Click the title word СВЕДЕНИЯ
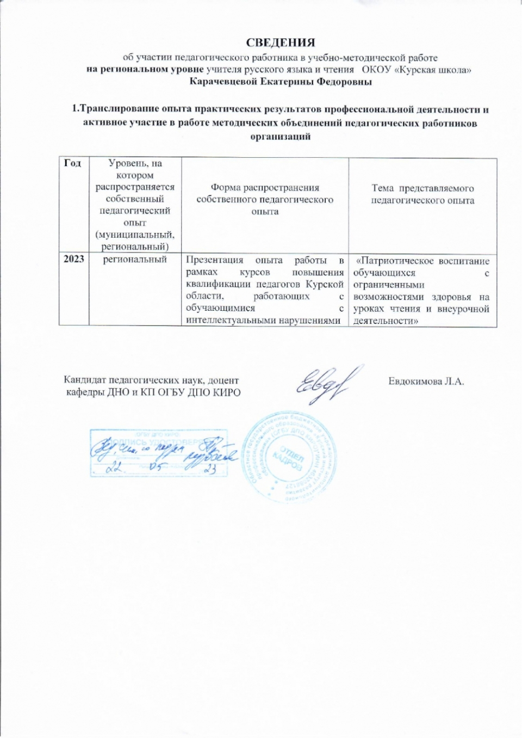(x=280, y=42)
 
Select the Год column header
(x=72, y=163)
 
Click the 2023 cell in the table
(x=74, y=259)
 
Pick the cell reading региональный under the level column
(x=135, y=259)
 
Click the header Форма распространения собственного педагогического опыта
(x=265, y=199)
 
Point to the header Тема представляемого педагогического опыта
(x=422, y=194)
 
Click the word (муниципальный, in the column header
(x=135, y=235)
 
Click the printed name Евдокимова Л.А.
(x=426, y=381)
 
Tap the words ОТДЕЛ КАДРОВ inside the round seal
(x=289, y=460)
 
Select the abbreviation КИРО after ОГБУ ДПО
(x=227, y=392)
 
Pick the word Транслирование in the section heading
(x=116, y=109)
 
